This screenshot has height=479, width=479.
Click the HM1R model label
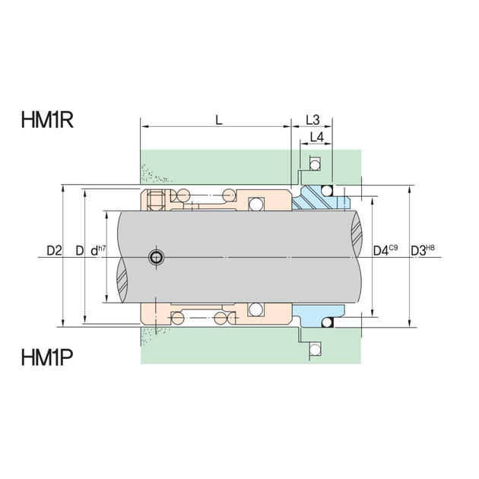point(47,120)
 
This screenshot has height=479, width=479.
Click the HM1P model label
point(47,357)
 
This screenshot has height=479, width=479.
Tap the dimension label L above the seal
point(219,120)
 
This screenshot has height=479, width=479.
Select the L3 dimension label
point(312,120)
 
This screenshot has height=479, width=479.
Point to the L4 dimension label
point(317,137)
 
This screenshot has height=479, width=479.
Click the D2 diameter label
point(54,251)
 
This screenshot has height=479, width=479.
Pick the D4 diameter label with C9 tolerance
point(385,250)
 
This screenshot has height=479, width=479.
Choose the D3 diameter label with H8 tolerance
point(423,250)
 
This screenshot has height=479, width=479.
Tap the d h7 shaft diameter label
point(98,250)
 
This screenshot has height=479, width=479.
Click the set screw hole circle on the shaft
point(157,257)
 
